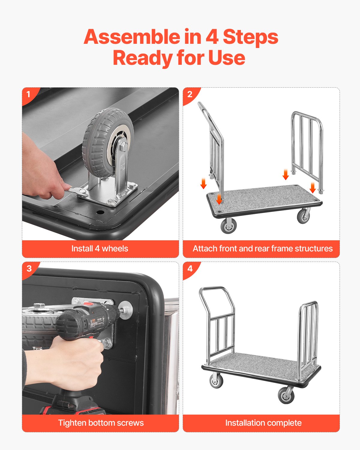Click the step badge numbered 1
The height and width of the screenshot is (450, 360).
click(x=28, y=94)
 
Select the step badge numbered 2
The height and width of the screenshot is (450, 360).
click(x=190, y=94)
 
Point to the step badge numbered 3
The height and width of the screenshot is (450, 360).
click(x=29, y=268)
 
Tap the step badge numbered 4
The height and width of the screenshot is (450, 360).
click(x=190, y=268)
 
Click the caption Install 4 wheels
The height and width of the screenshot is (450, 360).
click(x=100, y=249)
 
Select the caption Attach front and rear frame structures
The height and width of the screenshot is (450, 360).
click(x=262, y=249)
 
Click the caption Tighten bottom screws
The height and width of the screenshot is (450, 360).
click(x=101, y=423)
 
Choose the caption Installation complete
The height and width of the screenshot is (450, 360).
click(x=263, y=423)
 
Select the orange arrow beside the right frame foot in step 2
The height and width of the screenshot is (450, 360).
click(x=313, y=187)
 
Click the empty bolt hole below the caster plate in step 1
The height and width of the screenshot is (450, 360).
click(x=100, y=212)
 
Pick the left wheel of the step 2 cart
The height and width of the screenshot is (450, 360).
click(x=229, y=225)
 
